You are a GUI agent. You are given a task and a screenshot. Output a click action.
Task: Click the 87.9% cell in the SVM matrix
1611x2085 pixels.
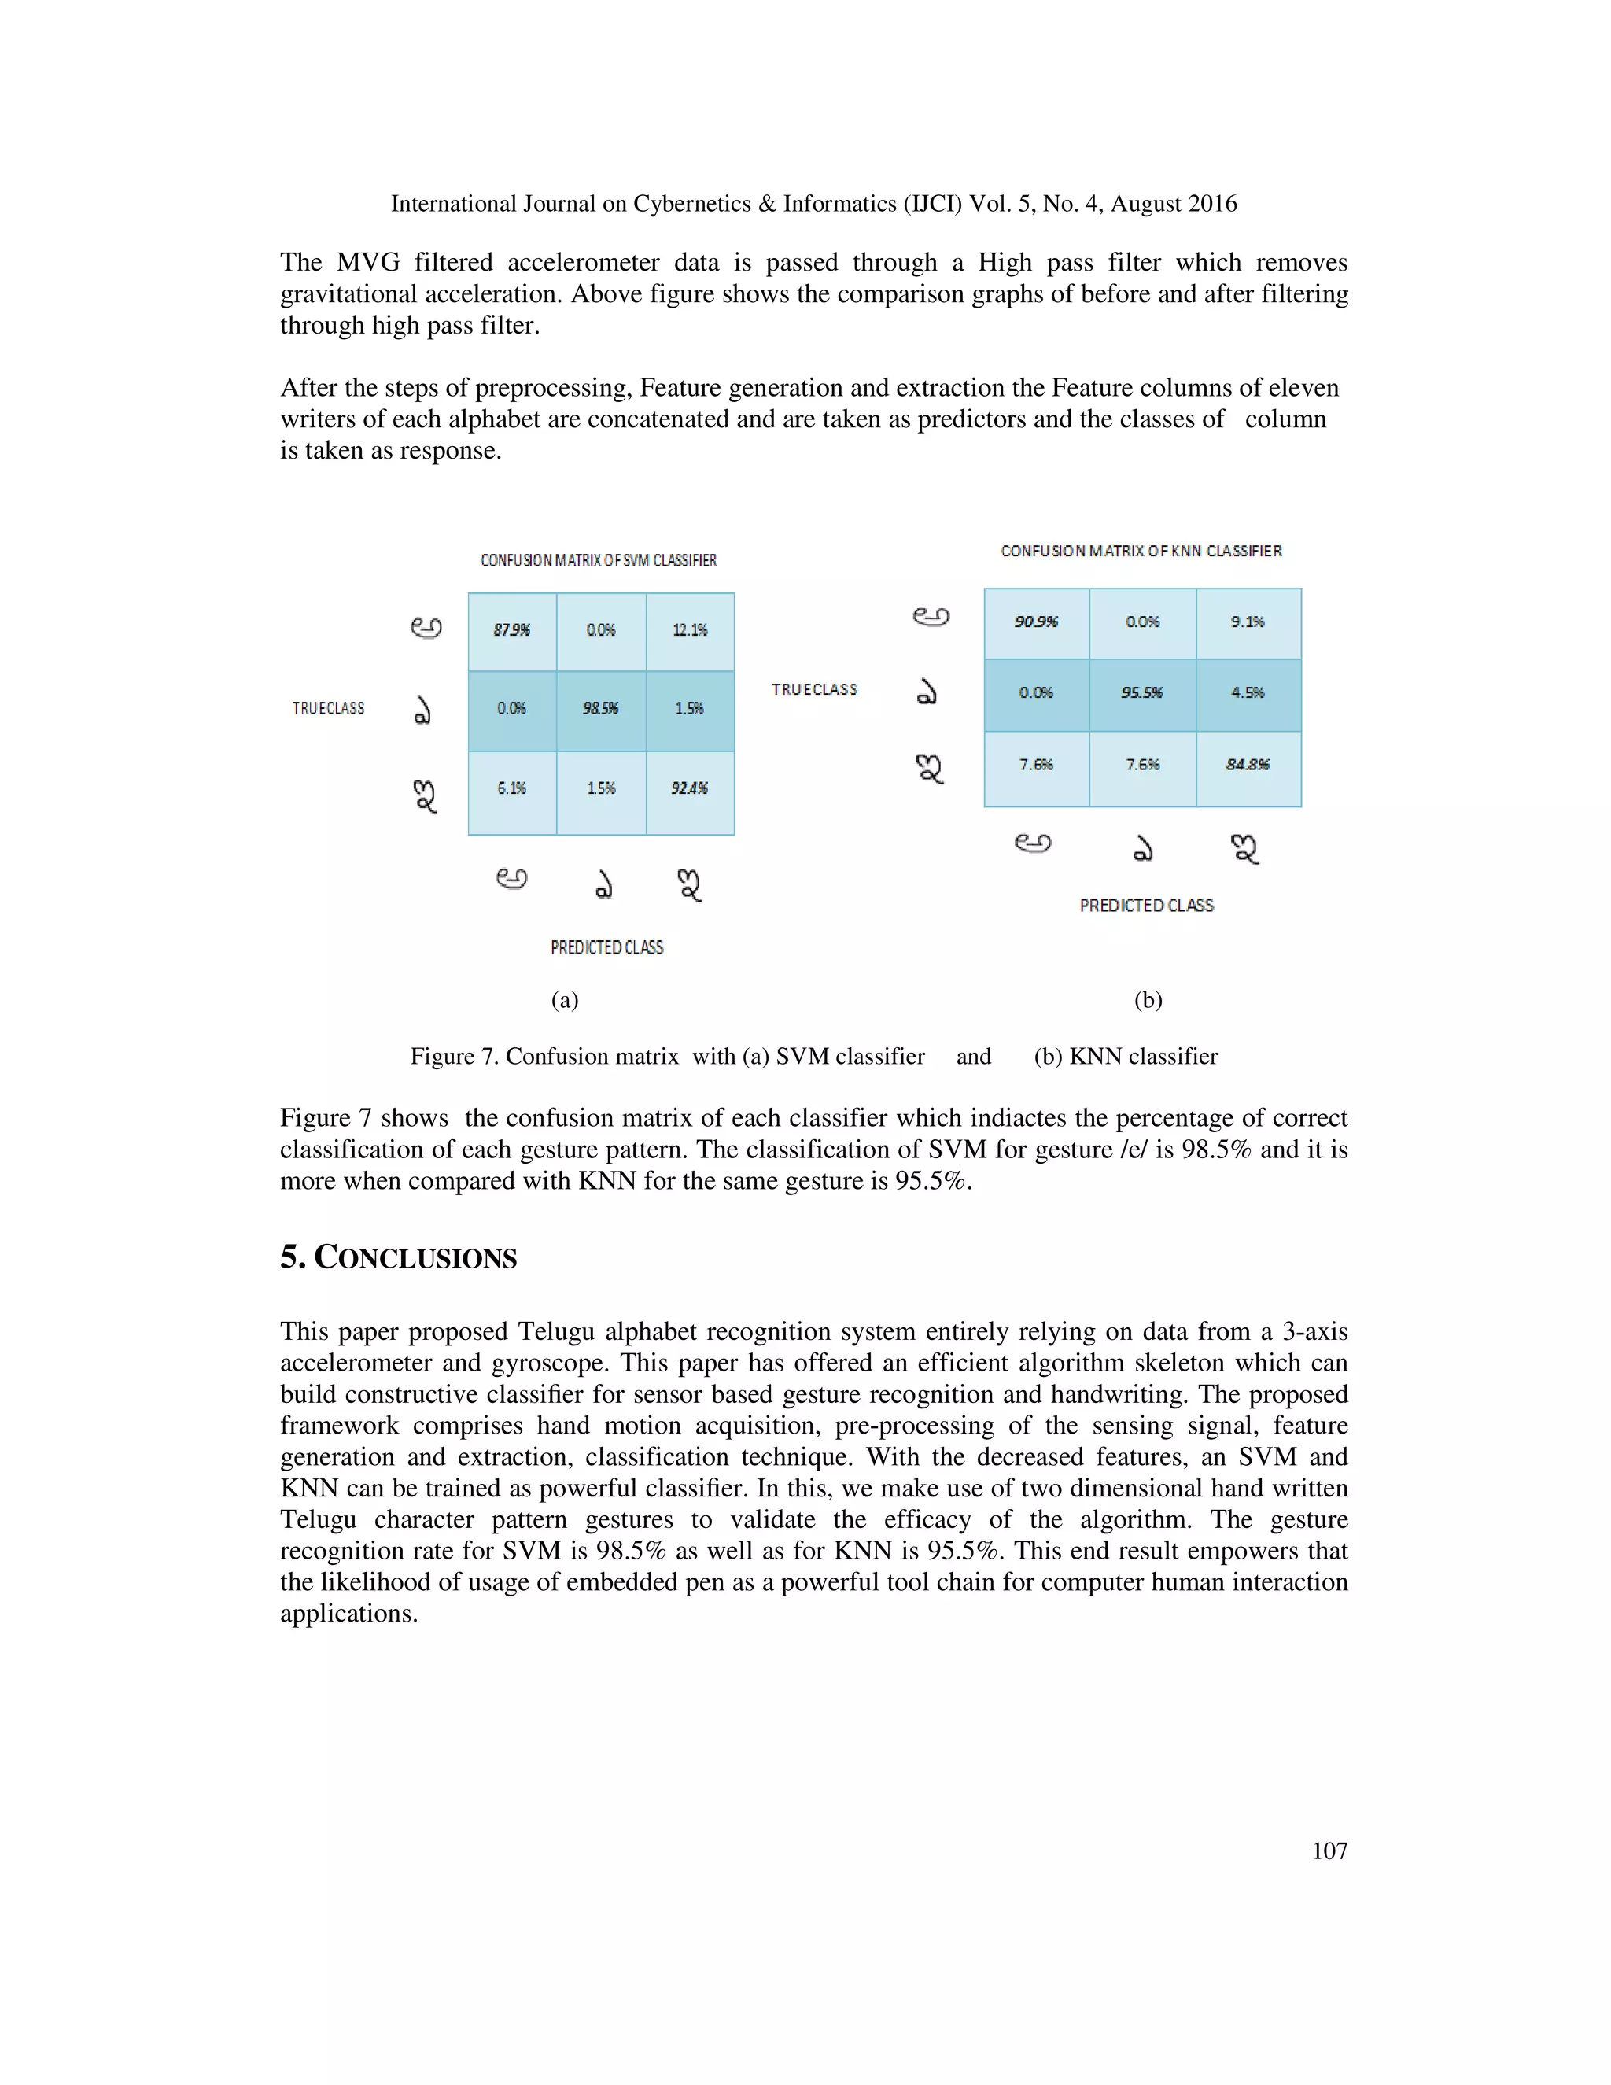pos(511,630)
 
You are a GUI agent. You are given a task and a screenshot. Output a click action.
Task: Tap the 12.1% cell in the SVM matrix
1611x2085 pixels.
pos(690,630)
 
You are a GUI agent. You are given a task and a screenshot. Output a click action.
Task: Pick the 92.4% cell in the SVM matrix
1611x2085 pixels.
pos(690,788)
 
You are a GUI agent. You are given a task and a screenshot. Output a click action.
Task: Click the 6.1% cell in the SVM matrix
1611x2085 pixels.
pos(511,788)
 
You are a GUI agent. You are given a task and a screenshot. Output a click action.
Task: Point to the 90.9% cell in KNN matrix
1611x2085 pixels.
pos(1037,622)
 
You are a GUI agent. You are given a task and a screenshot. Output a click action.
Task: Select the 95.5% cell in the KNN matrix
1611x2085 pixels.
pos(1142,693)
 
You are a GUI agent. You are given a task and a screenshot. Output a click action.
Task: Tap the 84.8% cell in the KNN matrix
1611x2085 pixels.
pos(1248,765)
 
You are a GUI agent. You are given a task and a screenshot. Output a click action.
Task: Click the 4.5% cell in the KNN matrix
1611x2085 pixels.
pos(1248,693)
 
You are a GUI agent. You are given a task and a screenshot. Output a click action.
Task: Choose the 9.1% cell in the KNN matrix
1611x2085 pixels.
pos(1248,622)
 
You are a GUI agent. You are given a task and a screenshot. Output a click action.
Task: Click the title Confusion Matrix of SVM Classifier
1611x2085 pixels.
pos(599,560)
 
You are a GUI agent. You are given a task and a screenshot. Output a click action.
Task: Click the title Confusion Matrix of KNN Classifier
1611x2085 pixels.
pos(1141,551)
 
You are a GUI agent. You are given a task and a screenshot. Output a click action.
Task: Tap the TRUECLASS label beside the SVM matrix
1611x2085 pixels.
pos(328,708)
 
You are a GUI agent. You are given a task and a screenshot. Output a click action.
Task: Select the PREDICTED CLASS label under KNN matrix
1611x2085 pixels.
pos(1146,905)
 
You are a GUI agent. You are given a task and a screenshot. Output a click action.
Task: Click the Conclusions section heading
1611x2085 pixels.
pos(398,1257)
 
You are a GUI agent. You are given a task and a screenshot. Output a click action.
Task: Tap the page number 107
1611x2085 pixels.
pos(1329,1851)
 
